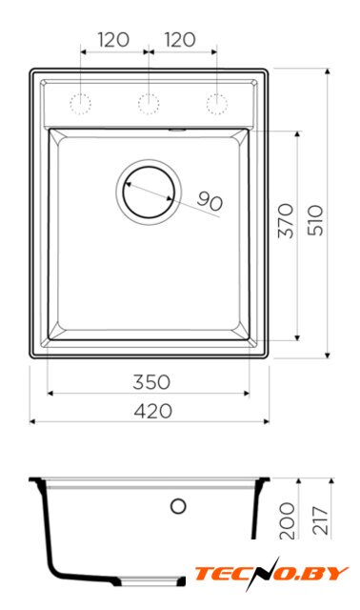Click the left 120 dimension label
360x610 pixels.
[x=113, y=40]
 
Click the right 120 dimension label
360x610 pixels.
[x=180, y=40]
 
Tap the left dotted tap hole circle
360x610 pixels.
[x=80, y=104]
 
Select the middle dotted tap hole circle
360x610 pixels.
[x=149, y=104]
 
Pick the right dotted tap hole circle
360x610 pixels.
[x=217, y=104]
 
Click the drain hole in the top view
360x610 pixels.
[x=149, y=192]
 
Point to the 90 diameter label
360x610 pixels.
[x=210, y=201]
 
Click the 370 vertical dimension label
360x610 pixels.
[x=286, y=220]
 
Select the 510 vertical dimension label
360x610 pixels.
[x=315, y=220]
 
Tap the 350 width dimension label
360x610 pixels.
[x=151, y=382]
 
